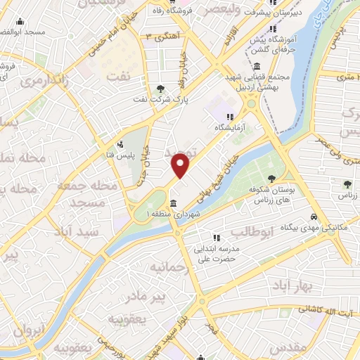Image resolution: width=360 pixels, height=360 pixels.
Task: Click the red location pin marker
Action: (x=181, y=165)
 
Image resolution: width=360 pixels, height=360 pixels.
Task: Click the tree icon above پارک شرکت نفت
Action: (x=162, y=89)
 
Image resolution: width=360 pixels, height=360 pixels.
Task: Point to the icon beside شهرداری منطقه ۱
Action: (x=173, y=204)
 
